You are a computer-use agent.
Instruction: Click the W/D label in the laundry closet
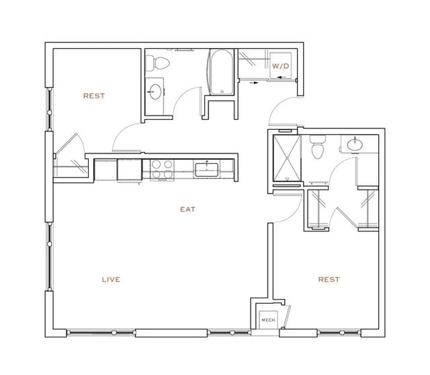pyautogui.click(x=279, y=66)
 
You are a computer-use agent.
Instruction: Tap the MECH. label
pyautogui.click(x=267, y=321)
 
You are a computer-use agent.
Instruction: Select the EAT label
pyautogui.click(x=187, y=209)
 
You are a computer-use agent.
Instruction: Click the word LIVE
pyautogui.click(x=111, y=279)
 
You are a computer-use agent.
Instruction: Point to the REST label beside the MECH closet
pyautogui.click(x=329, y=279)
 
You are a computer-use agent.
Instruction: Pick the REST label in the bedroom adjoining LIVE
pyautogui.click(x=93, y=95)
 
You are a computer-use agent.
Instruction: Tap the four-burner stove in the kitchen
pyautogui.click(x=161, y=169)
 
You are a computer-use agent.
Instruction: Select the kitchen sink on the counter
pyautogui.click(x=206, y=169)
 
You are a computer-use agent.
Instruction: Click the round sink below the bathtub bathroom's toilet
pyautogui.click(x=155, y=91)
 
